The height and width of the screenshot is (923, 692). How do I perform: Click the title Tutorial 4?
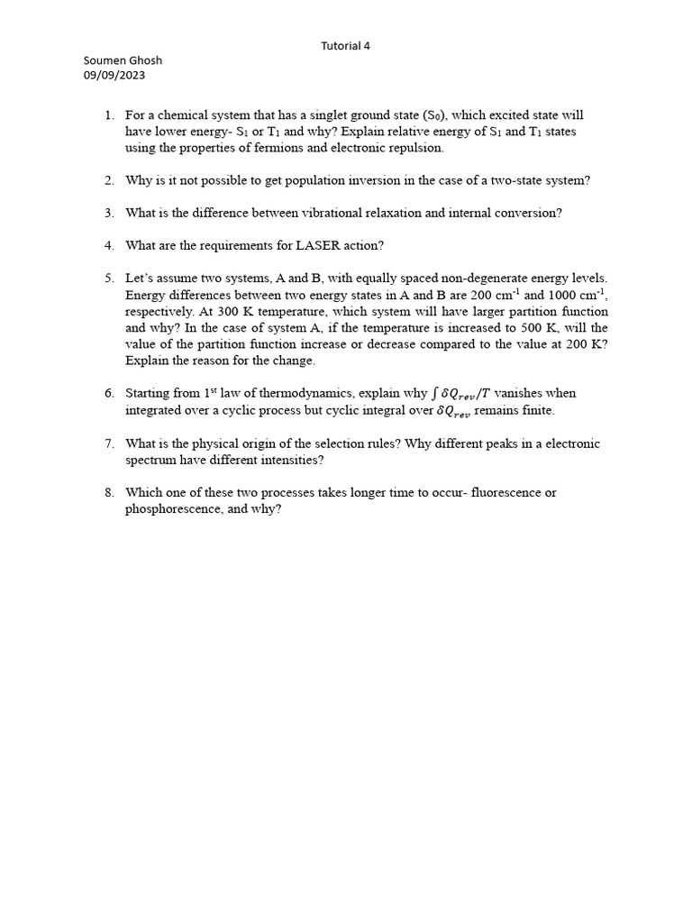(x=346, y=45)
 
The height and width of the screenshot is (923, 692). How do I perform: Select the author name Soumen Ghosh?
(x=123, y=60)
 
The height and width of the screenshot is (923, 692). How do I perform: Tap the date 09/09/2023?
(x=114, y=76)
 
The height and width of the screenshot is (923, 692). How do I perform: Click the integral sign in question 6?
(x=433, y=393)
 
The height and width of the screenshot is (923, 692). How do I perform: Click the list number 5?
(x=109, y=279)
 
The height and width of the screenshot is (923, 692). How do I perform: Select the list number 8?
(x=109, y=492)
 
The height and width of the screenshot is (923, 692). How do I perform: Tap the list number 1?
(x=109, y=115)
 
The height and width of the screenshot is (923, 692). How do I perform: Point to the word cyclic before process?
(x=254, y=410)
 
